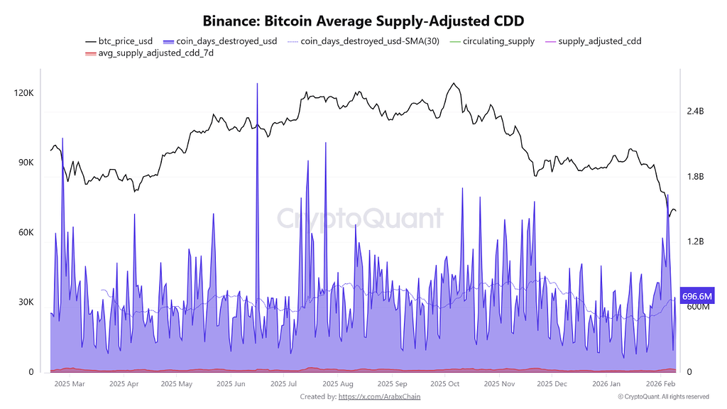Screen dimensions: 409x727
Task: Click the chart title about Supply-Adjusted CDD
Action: point(363,21)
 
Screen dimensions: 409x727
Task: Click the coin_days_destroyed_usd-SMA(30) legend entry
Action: point(363,41)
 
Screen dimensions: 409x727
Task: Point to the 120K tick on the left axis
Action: point(23,94)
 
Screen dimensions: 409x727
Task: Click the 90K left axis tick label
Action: point(25,163)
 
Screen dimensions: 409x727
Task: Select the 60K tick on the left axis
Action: point(25,233)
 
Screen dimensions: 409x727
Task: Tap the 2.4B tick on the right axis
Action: point(695,111)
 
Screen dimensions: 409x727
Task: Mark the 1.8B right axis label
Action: point(695,177)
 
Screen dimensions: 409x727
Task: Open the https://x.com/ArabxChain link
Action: point(379,397)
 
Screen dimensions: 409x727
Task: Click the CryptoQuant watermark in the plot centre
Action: point(359,218)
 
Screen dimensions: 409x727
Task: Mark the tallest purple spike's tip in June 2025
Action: point(257,84)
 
